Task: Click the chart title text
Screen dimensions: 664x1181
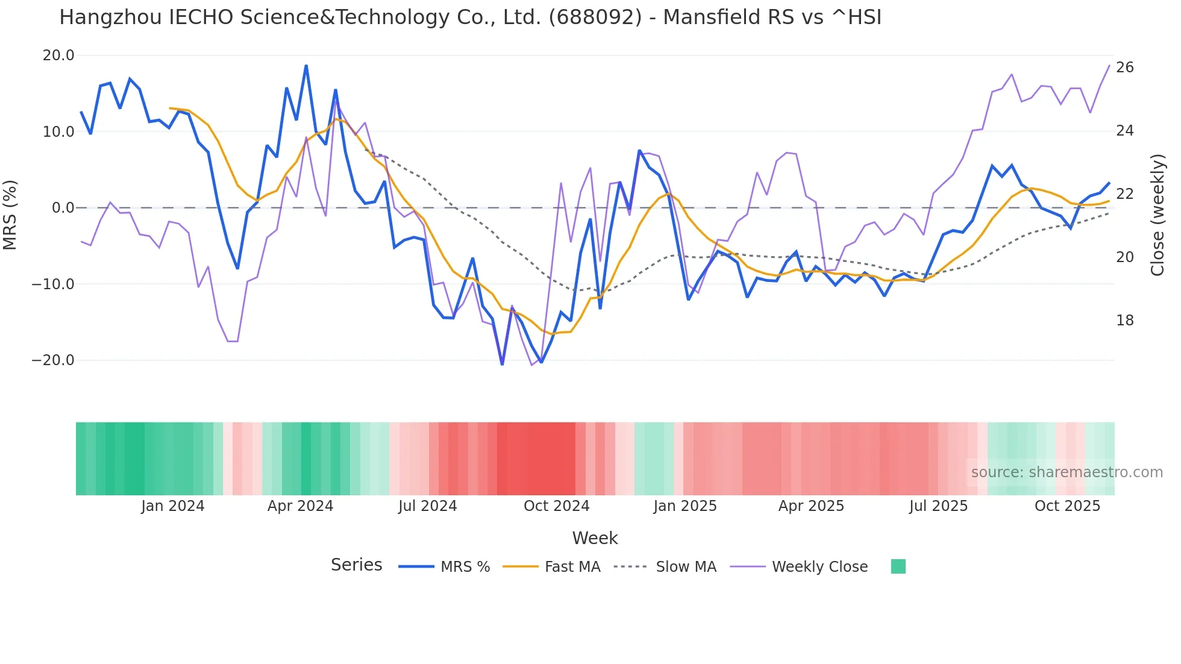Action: [470, 17]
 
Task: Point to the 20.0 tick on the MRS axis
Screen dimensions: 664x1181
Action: [58, 55]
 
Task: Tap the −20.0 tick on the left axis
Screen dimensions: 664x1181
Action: [53, 360]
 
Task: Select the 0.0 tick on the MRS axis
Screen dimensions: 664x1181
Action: [63, 208]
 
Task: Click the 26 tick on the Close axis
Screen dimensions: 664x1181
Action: [1124, 67]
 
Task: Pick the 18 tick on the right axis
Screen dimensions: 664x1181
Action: [1124, 321]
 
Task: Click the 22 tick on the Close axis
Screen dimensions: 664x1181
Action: [1124, 194]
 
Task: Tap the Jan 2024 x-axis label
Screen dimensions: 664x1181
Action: [173, 506]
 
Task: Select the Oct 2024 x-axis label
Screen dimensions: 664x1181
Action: [556, 506]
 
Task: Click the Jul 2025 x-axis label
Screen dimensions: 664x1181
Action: [938, 506]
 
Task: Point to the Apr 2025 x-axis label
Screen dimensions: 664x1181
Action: [811, 506]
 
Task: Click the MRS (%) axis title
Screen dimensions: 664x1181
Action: [10, 215]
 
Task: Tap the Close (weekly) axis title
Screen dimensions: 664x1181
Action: [1157, 215]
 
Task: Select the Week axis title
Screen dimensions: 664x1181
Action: [595, 538]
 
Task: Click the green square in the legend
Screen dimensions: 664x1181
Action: [898, 566]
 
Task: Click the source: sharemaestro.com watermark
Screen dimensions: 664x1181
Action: [1067, 472]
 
